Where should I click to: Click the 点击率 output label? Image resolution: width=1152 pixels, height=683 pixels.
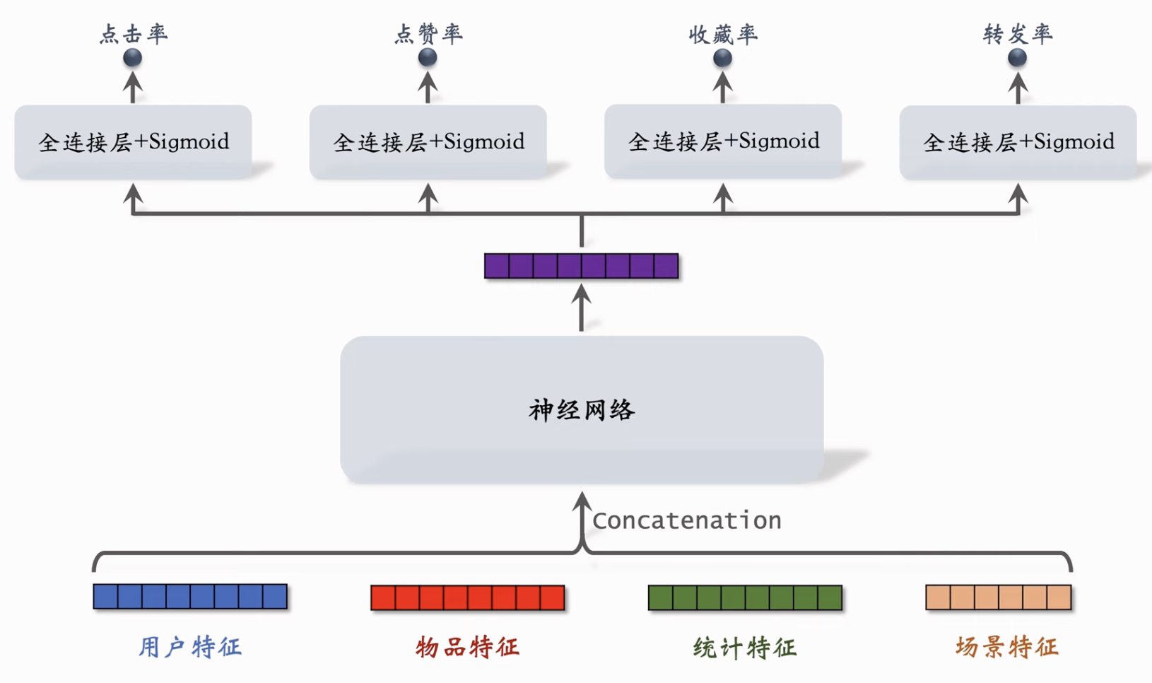point(133,34)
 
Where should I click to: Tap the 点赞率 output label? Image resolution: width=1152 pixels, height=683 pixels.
point(428,34)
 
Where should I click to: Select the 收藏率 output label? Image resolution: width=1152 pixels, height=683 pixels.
point(722,34)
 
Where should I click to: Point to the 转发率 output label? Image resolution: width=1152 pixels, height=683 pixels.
point(1018,34)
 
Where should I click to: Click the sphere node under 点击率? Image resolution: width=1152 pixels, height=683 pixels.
point(133,58)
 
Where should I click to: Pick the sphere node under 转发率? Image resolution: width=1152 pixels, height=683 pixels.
point(1018,58)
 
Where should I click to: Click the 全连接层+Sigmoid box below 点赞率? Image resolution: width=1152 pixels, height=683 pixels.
point(428,142)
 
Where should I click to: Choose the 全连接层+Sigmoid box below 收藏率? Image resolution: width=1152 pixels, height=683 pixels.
point(722,141)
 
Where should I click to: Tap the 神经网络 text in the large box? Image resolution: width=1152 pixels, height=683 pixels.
point(582,410)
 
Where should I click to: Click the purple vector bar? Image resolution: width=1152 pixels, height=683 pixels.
point(582,266)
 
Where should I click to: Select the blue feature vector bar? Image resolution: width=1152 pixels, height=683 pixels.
point(190,597)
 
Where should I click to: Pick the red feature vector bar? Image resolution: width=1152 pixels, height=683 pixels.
point(467,597)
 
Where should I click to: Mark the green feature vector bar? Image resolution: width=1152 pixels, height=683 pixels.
point(745,597)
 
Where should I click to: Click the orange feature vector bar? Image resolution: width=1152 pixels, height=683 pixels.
point(999,597)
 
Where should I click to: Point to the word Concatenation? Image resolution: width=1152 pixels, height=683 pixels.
point(687,521)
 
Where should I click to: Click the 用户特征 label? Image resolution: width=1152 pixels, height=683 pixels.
point(190,647)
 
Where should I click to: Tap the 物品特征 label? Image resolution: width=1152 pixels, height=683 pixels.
point(467,647)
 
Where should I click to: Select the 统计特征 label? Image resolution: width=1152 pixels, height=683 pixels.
point(745,647)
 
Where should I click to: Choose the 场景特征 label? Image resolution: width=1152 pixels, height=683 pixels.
point(1006,647)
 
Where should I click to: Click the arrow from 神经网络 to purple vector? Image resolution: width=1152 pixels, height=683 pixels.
point(581,308)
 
